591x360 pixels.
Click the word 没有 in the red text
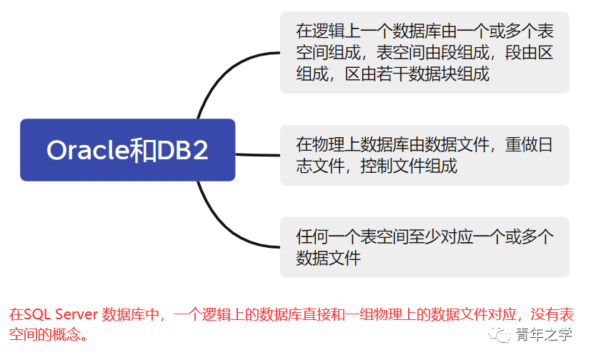click(542, 314)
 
